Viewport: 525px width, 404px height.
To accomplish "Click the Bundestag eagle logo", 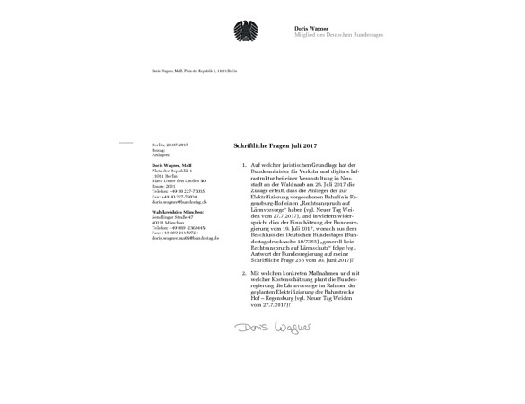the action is point(244,30).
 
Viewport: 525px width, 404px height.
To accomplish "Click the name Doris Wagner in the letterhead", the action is point(311,28).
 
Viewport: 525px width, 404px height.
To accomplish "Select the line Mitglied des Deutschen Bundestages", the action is point(338,34).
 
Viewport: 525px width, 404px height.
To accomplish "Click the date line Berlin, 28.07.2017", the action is point(171,145).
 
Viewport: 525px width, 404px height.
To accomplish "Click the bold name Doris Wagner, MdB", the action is point(172,166).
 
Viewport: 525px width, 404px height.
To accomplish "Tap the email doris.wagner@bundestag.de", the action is point(179,203).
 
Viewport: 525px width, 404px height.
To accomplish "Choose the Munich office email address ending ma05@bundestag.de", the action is point(184,239).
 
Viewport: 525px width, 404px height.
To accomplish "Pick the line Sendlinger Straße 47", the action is point(173,217).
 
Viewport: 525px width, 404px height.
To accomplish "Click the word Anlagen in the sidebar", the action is point(161,155).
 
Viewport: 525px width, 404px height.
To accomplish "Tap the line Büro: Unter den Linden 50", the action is point(179,181).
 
